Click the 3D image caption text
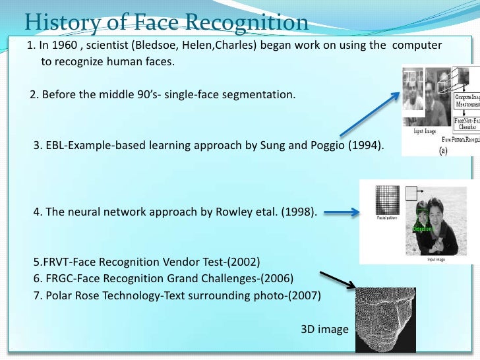click(x=324, y=328)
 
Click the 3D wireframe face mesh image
click(x=386, y=319)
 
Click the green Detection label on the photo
click(x=421, y=229)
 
